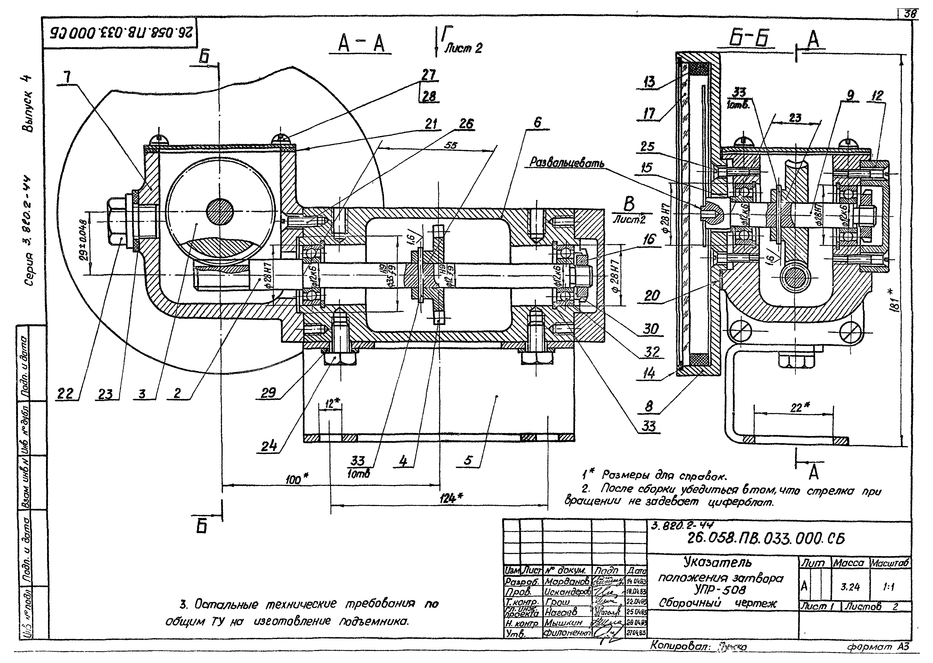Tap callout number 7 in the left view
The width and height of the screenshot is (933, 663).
(x=67, y=77)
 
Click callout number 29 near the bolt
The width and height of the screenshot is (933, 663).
(x=268, y=393)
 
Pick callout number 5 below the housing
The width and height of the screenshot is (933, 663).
(x=468, y=461)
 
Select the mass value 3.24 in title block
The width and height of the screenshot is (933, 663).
(x=850, y=587)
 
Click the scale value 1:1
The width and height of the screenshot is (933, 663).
(x=889, y=587)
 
